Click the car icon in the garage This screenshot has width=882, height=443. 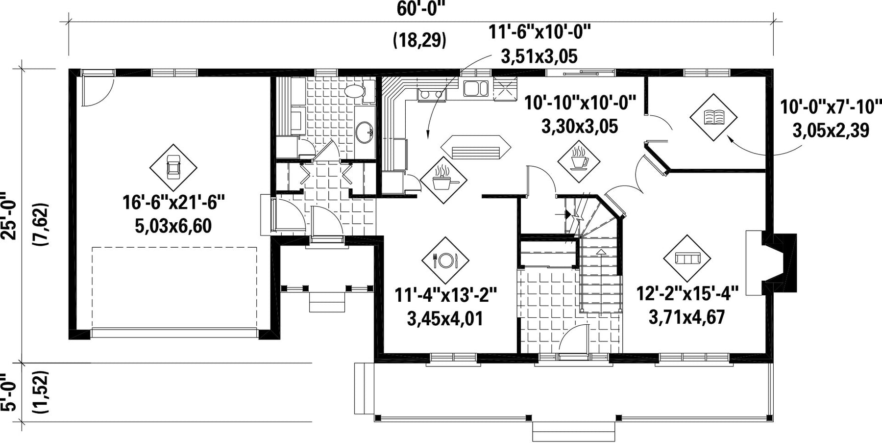point(173,168)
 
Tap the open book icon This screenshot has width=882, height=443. point(713,117)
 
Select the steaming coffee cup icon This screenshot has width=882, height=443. point(580,157)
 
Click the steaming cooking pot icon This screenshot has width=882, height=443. point(444,179)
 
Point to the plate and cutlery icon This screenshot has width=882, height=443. point(445,261)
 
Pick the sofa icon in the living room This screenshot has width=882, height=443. point(686,258)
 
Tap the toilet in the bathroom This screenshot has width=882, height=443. point(355,91)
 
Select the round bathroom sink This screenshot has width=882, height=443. point(364,132)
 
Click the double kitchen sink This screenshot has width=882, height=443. point(476,88)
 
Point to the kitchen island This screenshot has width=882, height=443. point(474,147)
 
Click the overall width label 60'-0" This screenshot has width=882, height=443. point(421,8)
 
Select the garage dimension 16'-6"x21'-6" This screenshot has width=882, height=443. point(173,203)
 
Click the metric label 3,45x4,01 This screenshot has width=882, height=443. point(445,319)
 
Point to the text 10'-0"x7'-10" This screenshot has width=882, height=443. point(831,106)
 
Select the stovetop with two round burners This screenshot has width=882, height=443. point(432,94)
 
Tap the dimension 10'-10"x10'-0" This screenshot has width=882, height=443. point(580,103)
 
